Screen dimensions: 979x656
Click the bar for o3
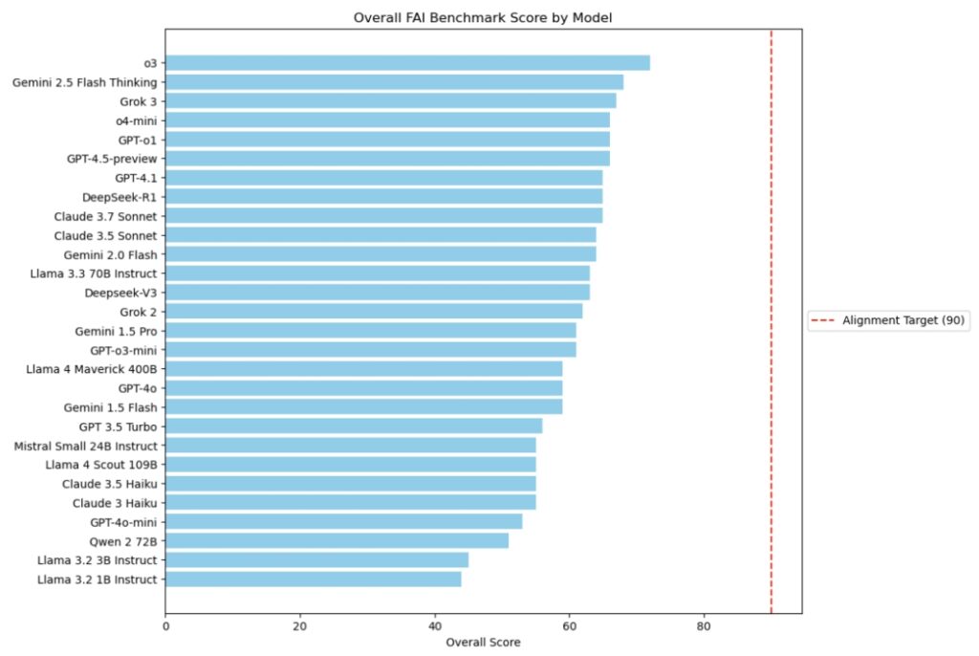407,63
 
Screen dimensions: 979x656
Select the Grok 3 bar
391,101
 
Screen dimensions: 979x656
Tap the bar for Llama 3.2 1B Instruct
314,579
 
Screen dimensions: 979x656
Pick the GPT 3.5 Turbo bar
354,426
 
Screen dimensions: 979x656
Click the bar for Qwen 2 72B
337,541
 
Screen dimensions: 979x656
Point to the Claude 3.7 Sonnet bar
384,216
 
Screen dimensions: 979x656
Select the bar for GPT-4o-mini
344,522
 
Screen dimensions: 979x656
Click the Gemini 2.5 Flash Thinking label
85,82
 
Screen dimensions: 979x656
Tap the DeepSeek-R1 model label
120,197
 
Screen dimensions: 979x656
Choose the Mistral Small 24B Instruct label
86,446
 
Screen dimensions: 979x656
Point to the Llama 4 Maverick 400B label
92,369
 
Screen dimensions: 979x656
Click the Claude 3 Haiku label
115,503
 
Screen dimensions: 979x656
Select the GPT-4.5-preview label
113,159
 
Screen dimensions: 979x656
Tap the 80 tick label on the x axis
704,626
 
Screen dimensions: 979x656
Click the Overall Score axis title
483,643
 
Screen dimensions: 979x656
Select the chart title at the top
483,17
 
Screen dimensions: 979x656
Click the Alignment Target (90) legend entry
889,320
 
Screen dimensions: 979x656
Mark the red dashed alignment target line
772,321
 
